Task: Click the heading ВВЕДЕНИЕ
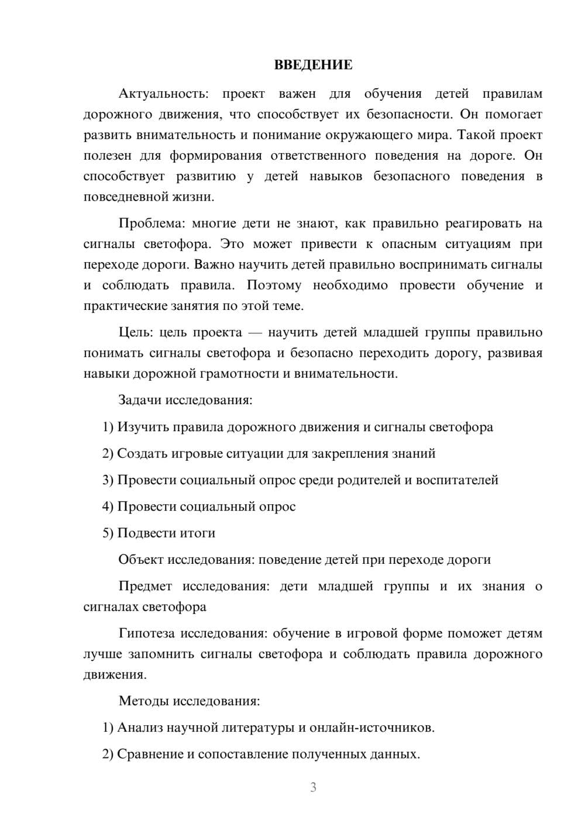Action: click(x=313, y=65)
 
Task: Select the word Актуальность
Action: click(x=161, y=94)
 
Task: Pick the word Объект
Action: click(x=141, y=560)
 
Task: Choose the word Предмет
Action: click(x=145, y=587)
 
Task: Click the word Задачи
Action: click(x=140, y=401)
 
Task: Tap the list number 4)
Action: click(x=108, y=506)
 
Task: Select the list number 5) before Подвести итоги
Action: click(x=108, y=533)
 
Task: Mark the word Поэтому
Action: click(x=274, y=285)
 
